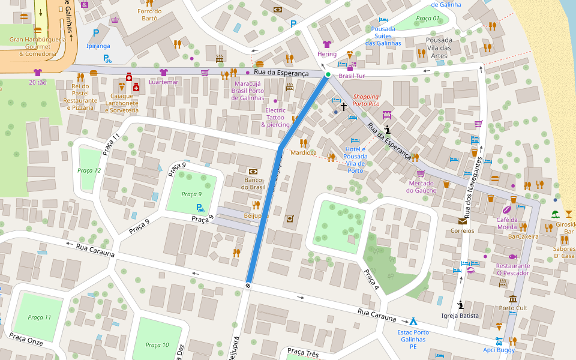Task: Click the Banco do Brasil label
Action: click(253, 183)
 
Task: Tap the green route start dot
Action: click(328, 74)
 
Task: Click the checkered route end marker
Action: click(247, 284)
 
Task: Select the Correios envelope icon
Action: click(463, 221)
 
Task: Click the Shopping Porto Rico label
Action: click(366, 100)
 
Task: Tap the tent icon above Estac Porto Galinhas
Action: click(413, 321)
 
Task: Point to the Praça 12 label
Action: click(89, 170)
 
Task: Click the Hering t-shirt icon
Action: click(326, 44)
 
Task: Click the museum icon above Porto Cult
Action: click(512, 299)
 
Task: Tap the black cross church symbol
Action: click(344, 107)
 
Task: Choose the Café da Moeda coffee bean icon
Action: click(506, 210)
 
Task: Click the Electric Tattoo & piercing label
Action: click(275, 117)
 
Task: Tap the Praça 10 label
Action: click(157, 345)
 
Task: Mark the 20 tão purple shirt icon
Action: click(38, 72)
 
